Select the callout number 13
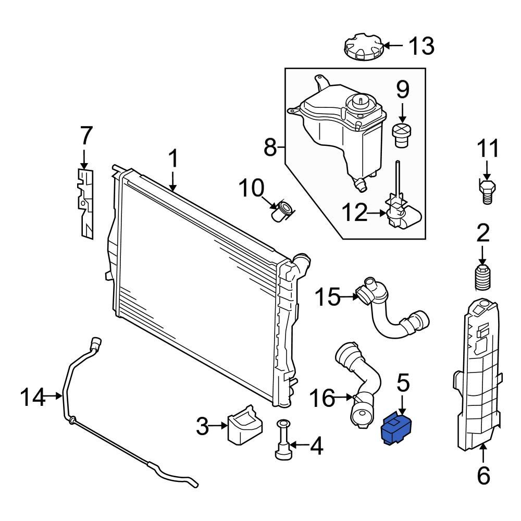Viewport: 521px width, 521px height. pyautogui.click(x=421, y=46)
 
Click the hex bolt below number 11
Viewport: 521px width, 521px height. pyautogui.click(x=487, y=191)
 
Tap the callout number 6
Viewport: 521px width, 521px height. pyautogui.click(x=483, y=475)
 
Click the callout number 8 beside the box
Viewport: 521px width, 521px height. pyautogui.click(x=270, y=147)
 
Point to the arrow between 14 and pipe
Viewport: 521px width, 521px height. pyautogui.click(x=54, y=397)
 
